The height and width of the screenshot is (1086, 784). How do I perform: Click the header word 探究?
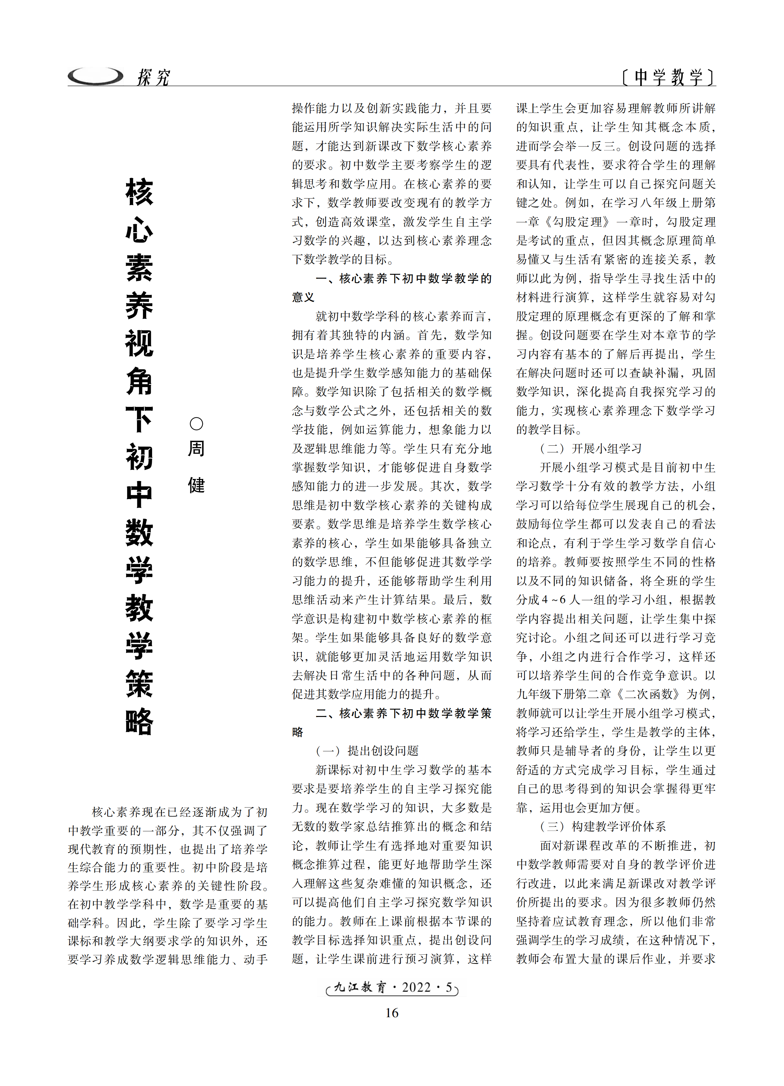pyautogui.click(x=153, y=77)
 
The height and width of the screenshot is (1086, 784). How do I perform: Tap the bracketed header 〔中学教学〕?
pyautogui.click(x=668, y=77)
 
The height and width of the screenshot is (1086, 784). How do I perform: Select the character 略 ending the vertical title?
pyautogui.click(x=139, y=721)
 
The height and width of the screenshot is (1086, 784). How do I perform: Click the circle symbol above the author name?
pyautogui.click(x=196, y=424)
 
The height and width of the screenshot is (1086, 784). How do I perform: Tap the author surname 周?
pyautogui.click(x=196, y=449)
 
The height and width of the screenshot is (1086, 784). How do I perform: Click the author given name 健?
pyautogui.click(x=196, y=485)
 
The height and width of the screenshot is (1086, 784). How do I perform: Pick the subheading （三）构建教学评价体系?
pyautogui.click(x=603, y=827)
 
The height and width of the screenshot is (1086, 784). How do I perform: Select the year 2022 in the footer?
pyautogui.click(x=416, y=987)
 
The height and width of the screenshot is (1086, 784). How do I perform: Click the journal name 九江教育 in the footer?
pyautogui.click(x=359, y=987)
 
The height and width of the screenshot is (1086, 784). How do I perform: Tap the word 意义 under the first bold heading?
pyautogui.click(x=303, y=297)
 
